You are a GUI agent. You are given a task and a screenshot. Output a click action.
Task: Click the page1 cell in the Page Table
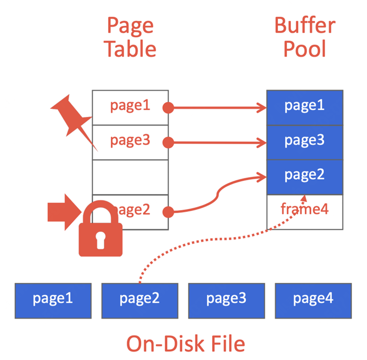130,107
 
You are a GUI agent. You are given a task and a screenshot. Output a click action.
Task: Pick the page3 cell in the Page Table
130,142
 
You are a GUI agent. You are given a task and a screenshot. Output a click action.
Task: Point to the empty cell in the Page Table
130,177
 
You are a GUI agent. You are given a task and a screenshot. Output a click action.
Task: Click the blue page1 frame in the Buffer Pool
305,107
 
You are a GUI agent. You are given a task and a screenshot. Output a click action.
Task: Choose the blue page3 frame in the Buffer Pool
305,142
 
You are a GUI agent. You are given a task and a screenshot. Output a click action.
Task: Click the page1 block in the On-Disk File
53,299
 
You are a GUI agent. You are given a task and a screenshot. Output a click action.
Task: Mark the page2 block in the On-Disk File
139,299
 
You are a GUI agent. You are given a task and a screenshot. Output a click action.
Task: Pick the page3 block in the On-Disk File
226,299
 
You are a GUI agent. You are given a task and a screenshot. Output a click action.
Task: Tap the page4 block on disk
313,299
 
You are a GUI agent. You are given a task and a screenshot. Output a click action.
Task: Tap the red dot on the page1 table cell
169,107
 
